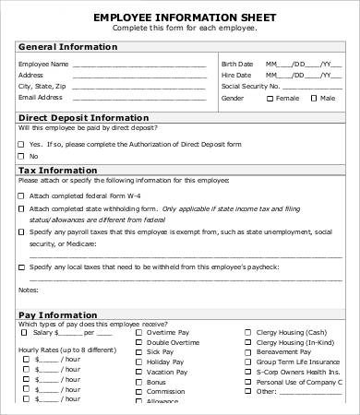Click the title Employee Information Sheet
tap(179, 17)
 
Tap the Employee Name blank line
tap(143, 65)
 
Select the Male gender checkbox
tap(314, 97)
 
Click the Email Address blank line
tap(143, 97)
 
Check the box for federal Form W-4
tap(21, 196)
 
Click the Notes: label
tap(30, 289)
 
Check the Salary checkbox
tap(25, 333)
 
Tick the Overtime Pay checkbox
tap(138, 333)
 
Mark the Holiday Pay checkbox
tap(138, 362)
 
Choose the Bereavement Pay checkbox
tap(247, 352)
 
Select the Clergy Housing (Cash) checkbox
tap(247, 333)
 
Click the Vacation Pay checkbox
tap(138, 373)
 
